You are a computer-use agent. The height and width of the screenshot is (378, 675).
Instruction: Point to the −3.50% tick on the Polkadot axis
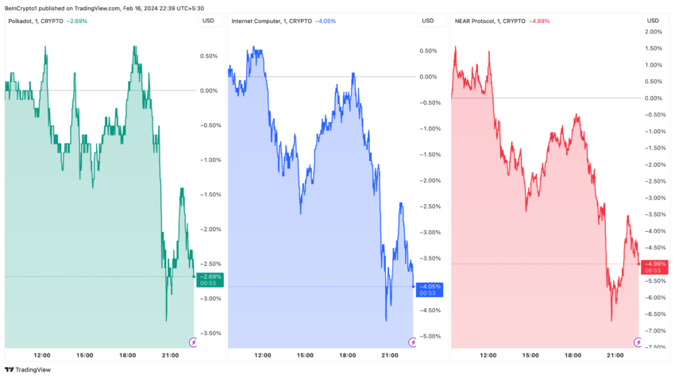coord(210,334)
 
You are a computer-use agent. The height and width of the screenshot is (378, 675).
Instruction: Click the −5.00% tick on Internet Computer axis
coord(428,337)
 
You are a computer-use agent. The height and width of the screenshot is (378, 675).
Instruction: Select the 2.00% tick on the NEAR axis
coord(654,32)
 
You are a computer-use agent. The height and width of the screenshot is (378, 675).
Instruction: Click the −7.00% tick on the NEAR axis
coord(654,331)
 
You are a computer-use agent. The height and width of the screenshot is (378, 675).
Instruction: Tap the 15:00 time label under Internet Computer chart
coord(306,355)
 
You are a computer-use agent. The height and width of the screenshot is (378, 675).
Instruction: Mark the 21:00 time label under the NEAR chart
coord(615,355)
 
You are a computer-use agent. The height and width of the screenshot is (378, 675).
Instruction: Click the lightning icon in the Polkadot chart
coord(191,342)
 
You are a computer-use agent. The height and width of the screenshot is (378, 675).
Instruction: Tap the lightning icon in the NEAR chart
coord(638,342)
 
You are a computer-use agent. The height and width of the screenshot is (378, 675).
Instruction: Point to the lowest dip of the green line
coord(166,320)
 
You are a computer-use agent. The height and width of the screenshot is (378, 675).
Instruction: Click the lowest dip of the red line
coord(611,321)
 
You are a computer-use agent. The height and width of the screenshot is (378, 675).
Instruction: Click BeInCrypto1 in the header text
coord(22,7)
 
